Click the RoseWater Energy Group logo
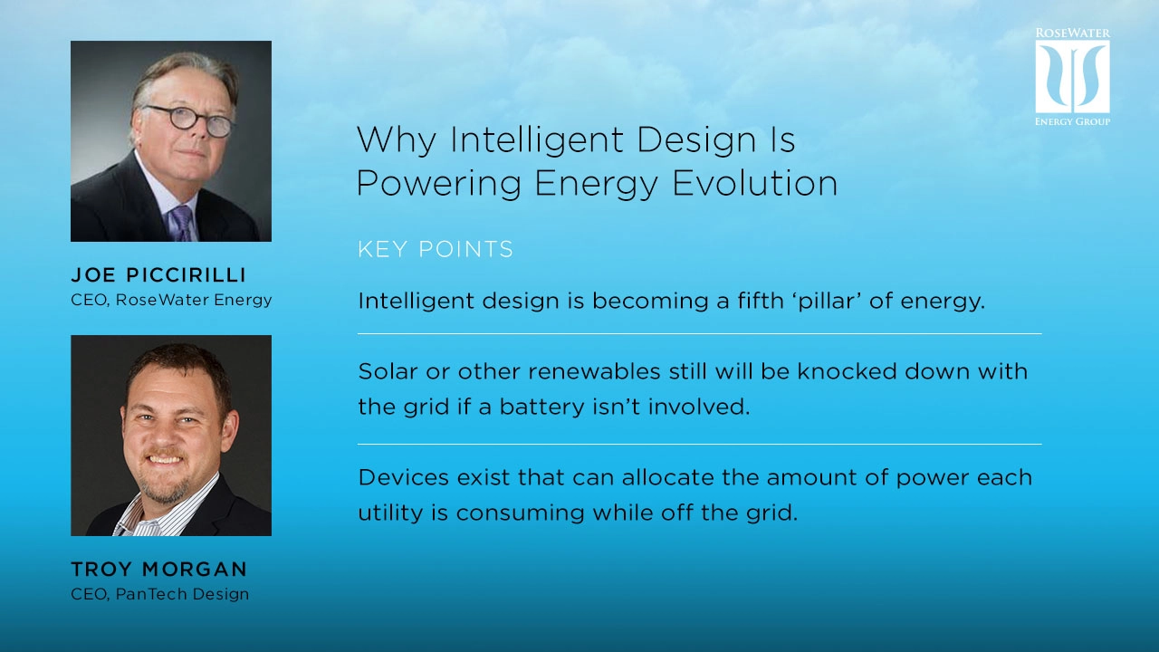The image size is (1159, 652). pos(1072,77)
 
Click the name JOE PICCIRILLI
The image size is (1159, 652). pos(158,275)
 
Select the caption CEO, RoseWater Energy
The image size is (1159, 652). pos(171,300)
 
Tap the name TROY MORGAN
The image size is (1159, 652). pos(158,570)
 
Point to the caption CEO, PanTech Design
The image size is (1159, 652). pos(159,594)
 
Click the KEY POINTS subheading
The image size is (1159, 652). pos(436,250)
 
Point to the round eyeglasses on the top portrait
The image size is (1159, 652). pos(191,119)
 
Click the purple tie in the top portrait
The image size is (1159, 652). pos(181,222)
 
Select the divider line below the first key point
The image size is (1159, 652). pos(699,334)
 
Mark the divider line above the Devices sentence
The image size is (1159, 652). pos(699,445)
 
